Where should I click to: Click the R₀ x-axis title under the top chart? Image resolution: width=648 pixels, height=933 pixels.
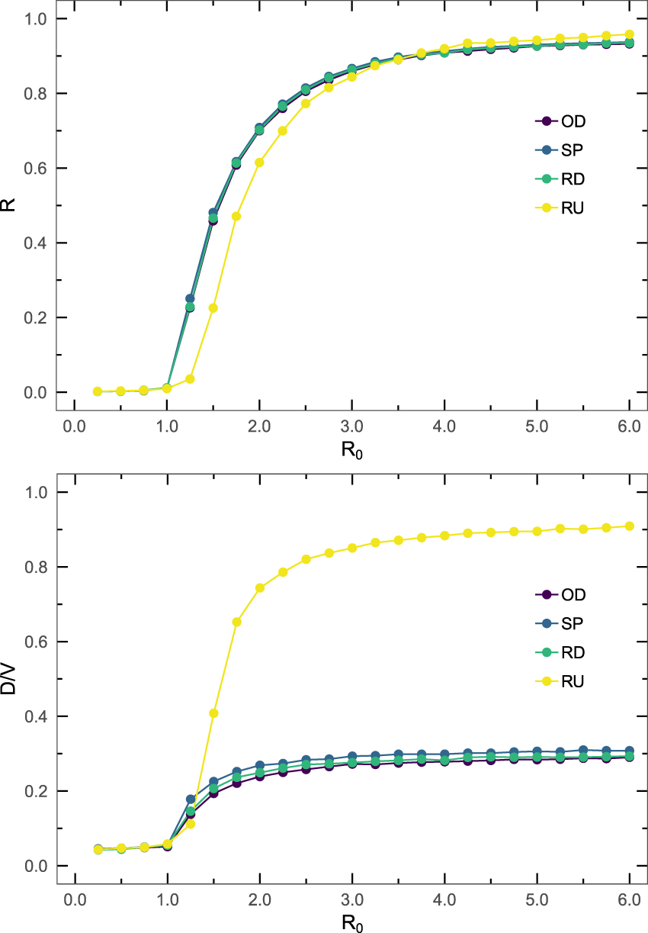tap(352, 450)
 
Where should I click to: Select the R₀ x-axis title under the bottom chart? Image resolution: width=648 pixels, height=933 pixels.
tap(352, 923)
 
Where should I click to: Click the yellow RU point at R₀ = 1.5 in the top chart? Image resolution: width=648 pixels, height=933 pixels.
tap(213, 308)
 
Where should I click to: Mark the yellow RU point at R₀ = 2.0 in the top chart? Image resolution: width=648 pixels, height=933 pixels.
tap(260, 162)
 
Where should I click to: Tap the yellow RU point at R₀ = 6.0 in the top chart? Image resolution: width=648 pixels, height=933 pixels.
tap(629, 34)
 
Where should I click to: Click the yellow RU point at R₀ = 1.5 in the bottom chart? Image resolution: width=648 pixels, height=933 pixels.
tap(213, 713)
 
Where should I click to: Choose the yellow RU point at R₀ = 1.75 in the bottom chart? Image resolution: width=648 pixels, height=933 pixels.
tap(236, 622)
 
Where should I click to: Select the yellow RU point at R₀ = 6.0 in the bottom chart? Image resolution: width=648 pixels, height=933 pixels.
tap(629, 526)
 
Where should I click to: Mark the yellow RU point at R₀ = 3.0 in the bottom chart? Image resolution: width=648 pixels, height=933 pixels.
tap(352, 548)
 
